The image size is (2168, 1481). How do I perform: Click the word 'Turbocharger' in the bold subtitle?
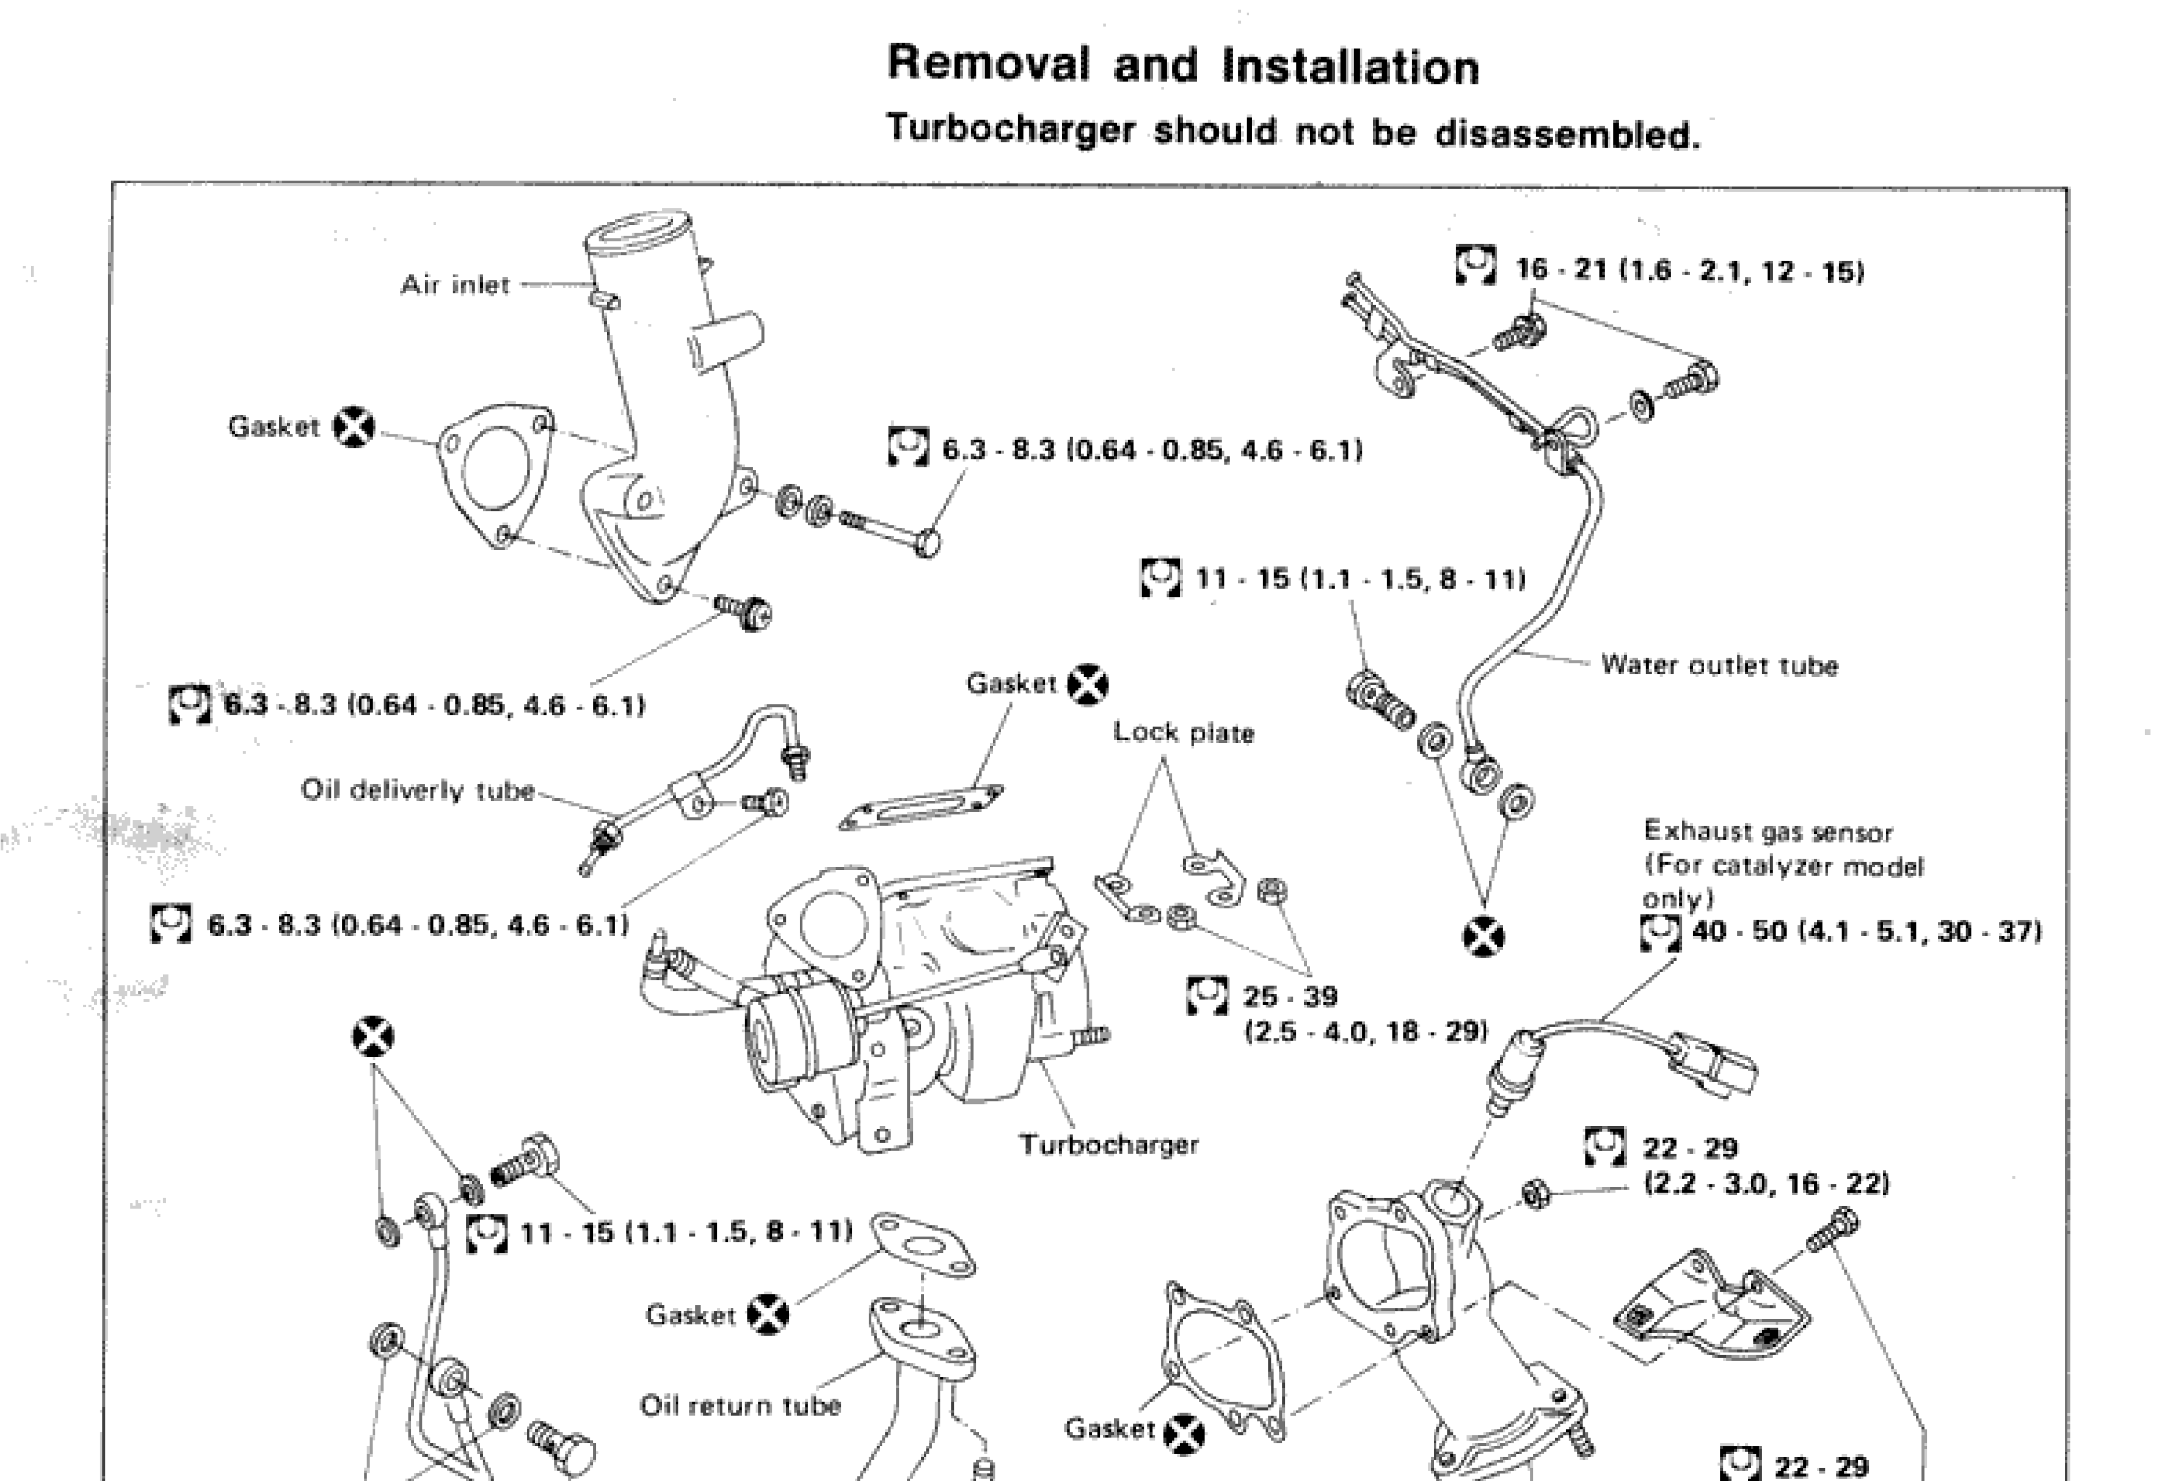1010,129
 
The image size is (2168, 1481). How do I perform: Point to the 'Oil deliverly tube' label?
417,790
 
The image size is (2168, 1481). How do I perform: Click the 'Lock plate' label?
1183,733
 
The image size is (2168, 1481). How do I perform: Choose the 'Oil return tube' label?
740,1406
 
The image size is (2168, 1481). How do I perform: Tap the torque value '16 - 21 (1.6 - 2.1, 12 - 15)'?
1688,270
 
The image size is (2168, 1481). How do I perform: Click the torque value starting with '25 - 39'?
1290,997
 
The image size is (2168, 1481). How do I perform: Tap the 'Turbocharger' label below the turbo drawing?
1108,1145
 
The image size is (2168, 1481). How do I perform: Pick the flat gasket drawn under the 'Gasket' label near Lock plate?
922,807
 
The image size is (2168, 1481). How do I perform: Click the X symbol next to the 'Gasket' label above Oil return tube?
768,1315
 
